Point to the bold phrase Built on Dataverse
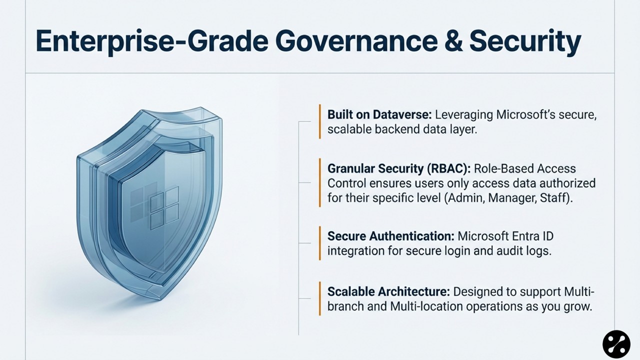pos(379,114)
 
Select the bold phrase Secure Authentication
pos(390,236)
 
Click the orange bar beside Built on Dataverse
pos(319,121)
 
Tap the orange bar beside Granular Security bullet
pos(319,183)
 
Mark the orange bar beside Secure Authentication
pos(319,243)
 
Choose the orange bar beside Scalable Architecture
pos(319,298)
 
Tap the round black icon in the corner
pos(616,344)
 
